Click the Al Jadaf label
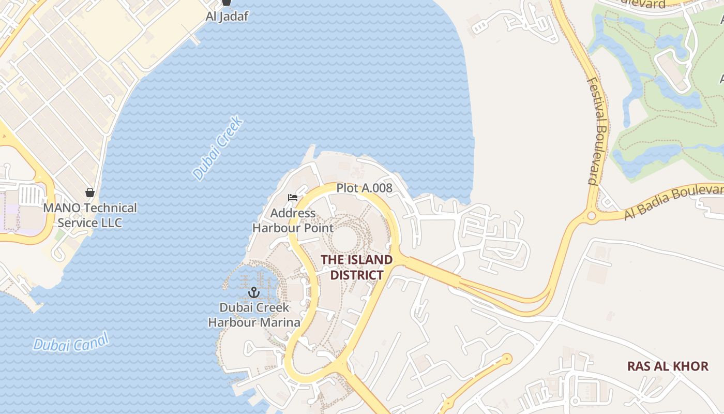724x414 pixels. click(x=227, y=16)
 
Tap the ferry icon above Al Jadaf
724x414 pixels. click(x=226, y=3)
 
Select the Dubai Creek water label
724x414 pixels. click(x=218, y=149)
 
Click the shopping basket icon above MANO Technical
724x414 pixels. click(x=90, y=193)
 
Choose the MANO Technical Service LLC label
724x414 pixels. click(x=90, y=215)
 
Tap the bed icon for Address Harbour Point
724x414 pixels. click(x=293, y=198)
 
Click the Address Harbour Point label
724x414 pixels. click(x=293, y=220)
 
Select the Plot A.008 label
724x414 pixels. click(x=364, y=188)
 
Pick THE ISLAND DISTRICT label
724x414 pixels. click(x=357, y=267)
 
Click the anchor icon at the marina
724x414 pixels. click(x=253, y=293)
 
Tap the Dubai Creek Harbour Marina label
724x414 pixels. click(x=254, y=315)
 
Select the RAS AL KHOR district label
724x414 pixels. click(x=668, y=366)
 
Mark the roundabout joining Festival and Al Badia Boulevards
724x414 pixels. click(x=592, y=216)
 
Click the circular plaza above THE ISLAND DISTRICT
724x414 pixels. click(x=344, y=239)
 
